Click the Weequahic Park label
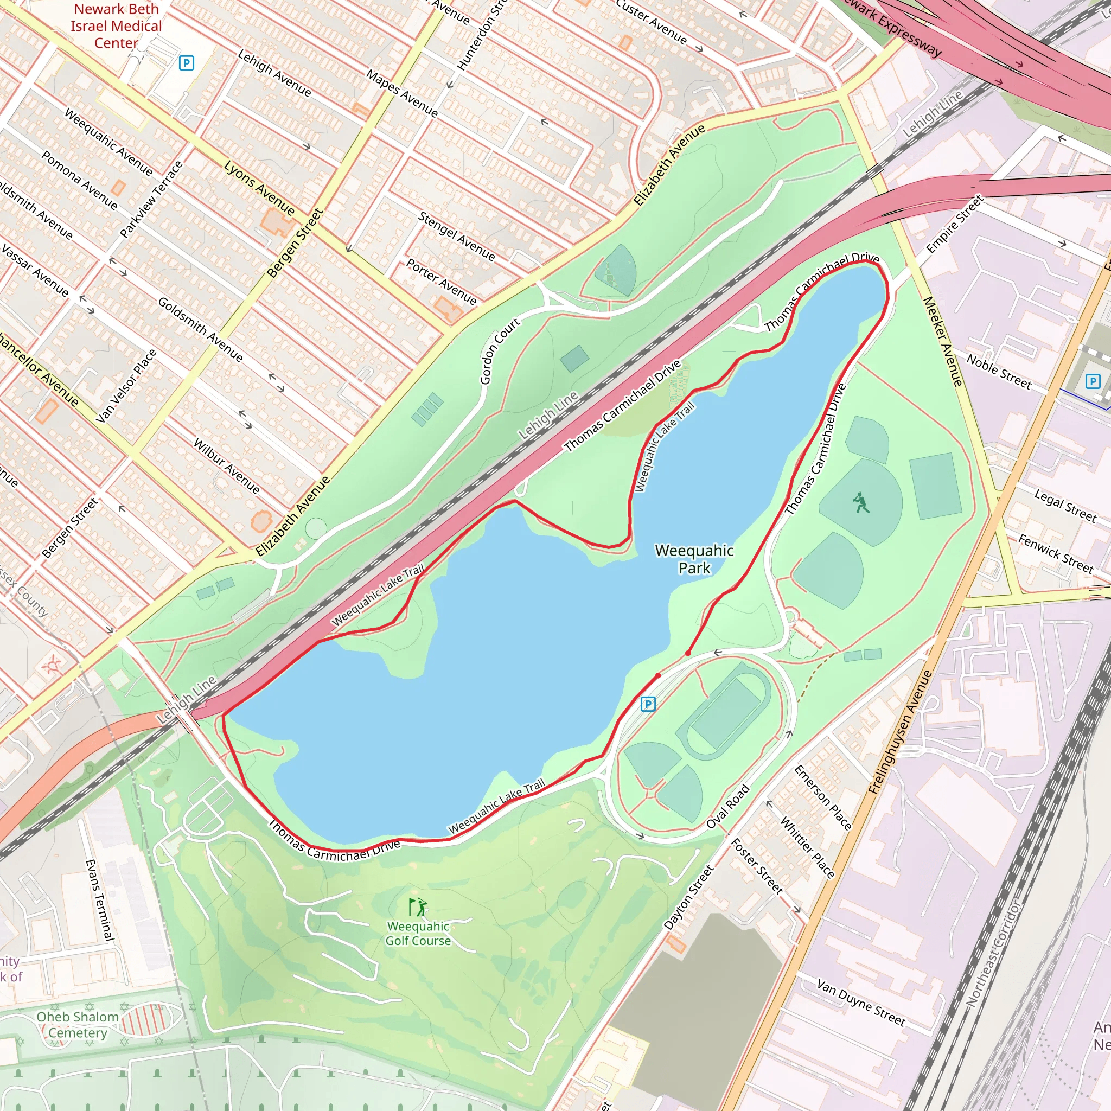click(694, 559)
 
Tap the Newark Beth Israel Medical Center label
click(116, 26)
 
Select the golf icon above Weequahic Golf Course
click(418, 907)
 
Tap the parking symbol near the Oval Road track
click(648, 703)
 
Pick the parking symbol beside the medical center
click(186, 63)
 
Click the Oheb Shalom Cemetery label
click(78, 1024)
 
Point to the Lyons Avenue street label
click(259, 188)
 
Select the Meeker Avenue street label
click(942, 341)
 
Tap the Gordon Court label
click(499, 351)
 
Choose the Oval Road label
click(727, 806)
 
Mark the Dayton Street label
click(688, 898)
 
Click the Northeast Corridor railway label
click(994, 954)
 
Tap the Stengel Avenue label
click(457, 237)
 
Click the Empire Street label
click(955, 224)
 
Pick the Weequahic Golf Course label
click(418, 933)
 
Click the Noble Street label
click(999, 371)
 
